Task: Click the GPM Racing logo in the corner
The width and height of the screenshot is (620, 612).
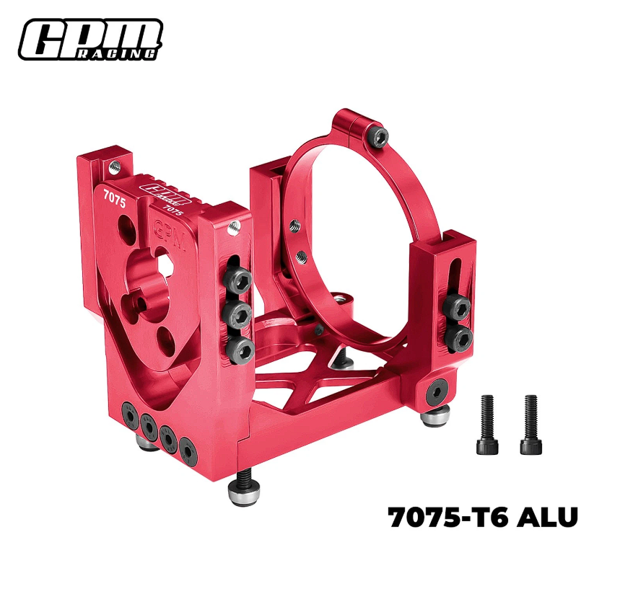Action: pos(90,40)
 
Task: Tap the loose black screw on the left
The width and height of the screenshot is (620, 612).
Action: pos(487,424)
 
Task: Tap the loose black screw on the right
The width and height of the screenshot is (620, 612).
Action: pos(531,424)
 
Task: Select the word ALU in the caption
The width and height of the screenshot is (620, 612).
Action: pos(547,517)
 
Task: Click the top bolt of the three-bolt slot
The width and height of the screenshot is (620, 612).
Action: pos(237,279)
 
